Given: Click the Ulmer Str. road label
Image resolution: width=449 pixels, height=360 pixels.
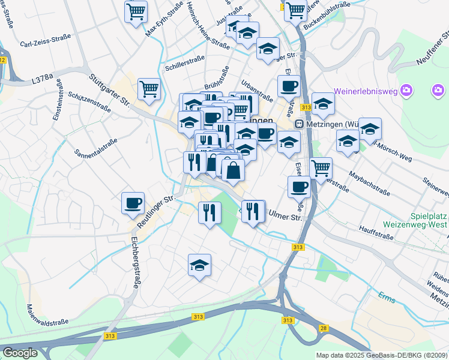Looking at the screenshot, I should pos(285,214).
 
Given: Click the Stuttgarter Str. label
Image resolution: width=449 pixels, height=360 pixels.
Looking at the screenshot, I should pos(109,90).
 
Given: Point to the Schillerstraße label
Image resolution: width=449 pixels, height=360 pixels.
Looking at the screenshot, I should pos(184,62).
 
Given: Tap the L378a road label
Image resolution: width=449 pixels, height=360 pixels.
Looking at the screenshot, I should pos(43,77).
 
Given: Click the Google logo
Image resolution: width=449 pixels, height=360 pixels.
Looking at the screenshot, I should pos(20,353).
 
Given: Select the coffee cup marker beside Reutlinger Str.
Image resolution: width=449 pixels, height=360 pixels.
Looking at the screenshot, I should pos(133,202).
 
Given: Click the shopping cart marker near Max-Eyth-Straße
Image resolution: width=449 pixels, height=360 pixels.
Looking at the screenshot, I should pos(136,11).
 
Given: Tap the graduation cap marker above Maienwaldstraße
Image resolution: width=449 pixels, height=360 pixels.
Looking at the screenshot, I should pos(200,265).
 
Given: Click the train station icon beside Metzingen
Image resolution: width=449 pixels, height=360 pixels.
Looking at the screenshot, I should pos(299,123).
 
